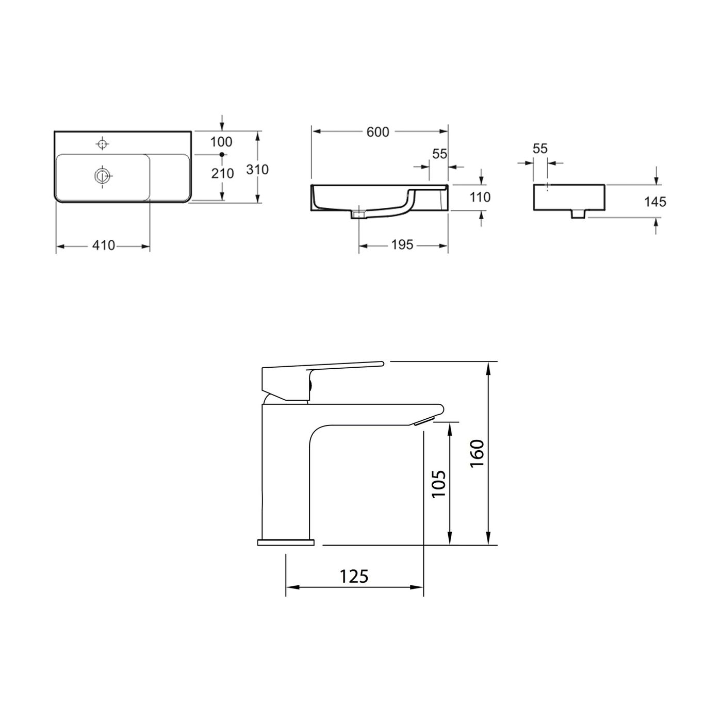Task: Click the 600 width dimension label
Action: [378, 132]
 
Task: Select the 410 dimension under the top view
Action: [104, 246]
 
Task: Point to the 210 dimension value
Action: [223, 174]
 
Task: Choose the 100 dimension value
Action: [222, 142]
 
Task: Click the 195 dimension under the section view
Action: [402, 245]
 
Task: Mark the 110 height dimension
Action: [481, 197]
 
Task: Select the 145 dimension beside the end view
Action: [655, 202]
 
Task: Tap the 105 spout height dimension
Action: [438, 483]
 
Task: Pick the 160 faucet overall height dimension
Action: [477, 453]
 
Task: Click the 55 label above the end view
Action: [539, 149]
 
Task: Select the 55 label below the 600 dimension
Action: [439, 154]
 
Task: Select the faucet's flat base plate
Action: [286, 542]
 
